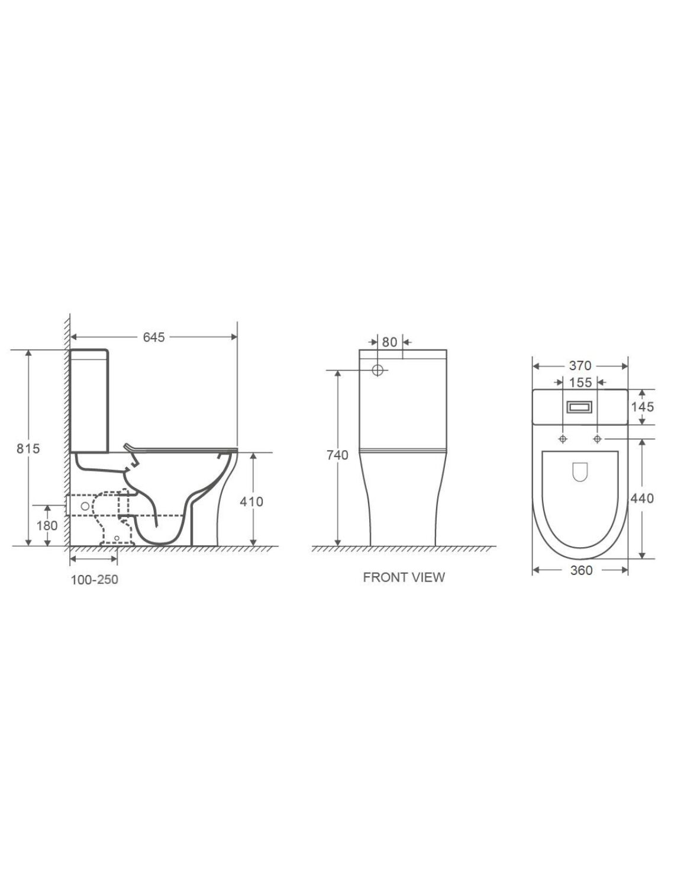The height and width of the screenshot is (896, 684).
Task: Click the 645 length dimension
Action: (154, 337)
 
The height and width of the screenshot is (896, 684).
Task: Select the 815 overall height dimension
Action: (28, 449)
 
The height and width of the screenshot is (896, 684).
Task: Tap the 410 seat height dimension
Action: (251, 501)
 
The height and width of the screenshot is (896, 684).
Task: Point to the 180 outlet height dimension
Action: (47, 525)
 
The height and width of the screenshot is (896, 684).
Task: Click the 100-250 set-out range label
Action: (94, 580)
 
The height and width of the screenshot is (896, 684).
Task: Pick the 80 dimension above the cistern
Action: (389, 342)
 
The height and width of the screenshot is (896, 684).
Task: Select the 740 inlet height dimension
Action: (337, 455)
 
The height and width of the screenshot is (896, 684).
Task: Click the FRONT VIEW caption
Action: (404, 577)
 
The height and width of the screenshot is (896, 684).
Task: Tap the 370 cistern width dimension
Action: (580, 366)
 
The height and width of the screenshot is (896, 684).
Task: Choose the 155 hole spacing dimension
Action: (580, 383)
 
